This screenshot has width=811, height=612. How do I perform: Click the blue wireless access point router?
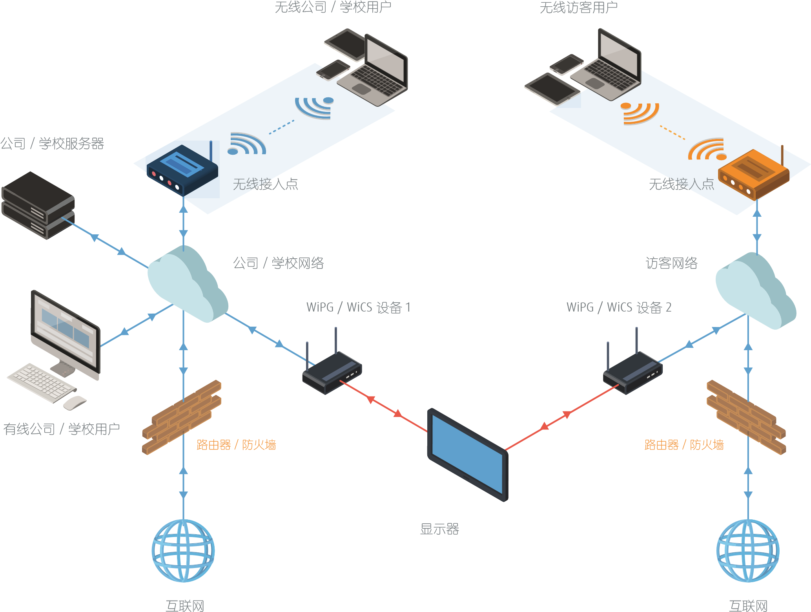[x=182, y=170]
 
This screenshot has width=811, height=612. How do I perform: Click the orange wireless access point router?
[x=753, y=175]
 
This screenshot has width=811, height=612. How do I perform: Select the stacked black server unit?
[x=38, y=205]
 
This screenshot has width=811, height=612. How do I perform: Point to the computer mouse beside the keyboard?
[x=75, y=402]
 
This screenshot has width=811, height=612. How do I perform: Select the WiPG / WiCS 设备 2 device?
[x=632, y=372]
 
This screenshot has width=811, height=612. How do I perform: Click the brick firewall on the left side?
[x=182, y=417]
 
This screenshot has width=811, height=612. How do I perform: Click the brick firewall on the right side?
[x=746, y=417]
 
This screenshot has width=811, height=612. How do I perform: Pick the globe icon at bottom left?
[x=183, y=550]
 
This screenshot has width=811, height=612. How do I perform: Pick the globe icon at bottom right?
[x=748, y=550]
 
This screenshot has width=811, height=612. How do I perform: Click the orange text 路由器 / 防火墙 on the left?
[x=236, y=445]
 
